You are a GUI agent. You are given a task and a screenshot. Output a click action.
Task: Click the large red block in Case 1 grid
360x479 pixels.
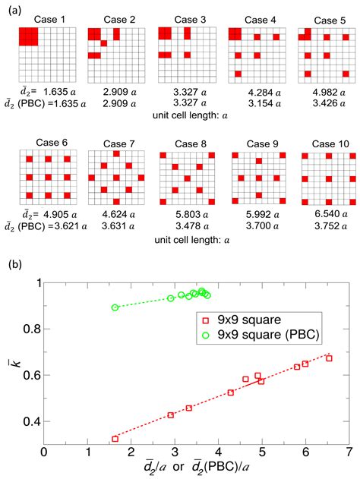pos(28,35)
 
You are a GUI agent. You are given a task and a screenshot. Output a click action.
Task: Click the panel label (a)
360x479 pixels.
pos(12,8)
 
